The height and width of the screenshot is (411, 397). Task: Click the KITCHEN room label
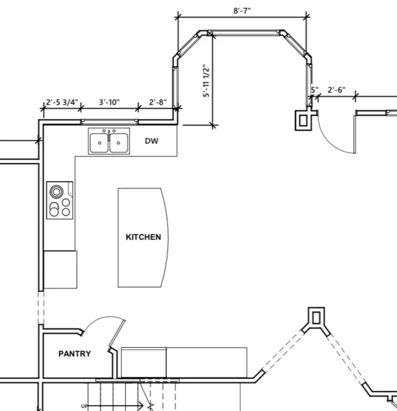(x=143, y=237)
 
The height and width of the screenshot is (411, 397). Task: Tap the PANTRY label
(x=75, y=354)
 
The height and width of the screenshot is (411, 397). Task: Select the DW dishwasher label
(x=151, y=141)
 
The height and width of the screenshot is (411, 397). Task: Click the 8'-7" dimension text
(x=242, y=11)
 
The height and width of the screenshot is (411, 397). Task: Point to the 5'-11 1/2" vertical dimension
(x=206, y=81)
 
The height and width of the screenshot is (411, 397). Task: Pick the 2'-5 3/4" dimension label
(x=62, y=102)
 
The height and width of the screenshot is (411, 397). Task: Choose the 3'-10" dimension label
(x=110, y=102)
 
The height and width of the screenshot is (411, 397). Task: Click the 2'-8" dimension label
(x=158, y=102)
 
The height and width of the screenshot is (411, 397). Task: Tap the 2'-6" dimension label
(x=337, y=90)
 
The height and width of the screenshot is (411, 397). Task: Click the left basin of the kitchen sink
(x=99, y=143)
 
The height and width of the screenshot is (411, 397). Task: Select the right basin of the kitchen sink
(x=119, y=143)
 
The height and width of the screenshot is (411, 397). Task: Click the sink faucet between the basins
(x=109, y=135)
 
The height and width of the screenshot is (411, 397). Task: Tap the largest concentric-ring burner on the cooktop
(x=57, y=192)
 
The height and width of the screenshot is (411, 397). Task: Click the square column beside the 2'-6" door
(x=303, y=120)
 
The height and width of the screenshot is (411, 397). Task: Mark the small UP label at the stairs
(x=84, y=406)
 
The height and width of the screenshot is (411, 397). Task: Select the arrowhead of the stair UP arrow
(x=141, y=406)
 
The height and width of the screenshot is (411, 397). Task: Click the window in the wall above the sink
(x=110, y=122)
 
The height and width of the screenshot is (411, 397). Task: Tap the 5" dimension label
(x=315, y=90)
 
